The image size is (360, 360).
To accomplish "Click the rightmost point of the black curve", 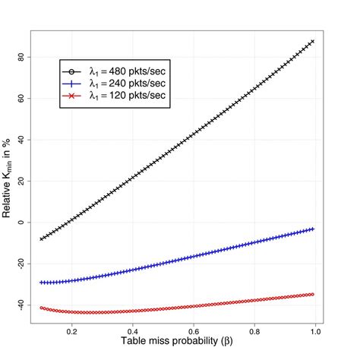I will [312, 41].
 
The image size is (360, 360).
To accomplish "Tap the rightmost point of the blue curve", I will [312, 229].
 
